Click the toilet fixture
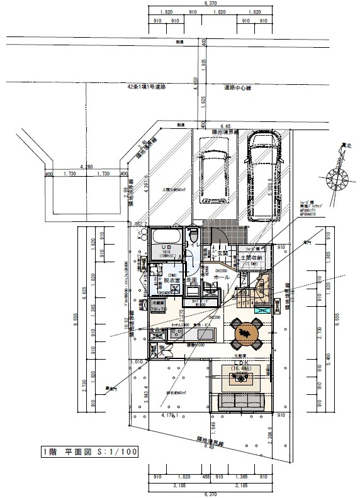[193, 236]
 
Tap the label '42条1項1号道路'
[146, 88]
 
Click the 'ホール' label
[221, 277]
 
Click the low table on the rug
[242, 378]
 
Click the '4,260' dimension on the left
[84, 167]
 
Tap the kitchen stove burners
[158, 331]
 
